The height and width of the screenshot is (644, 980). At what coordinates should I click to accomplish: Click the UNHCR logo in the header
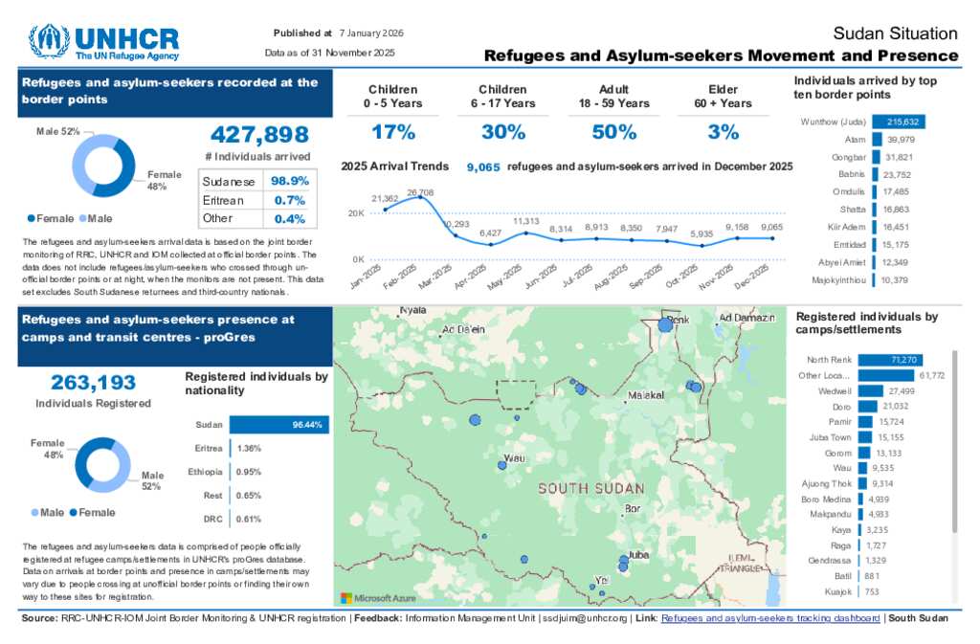point(103,42)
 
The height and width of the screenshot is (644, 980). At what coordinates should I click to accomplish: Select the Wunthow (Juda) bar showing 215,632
point(898,122)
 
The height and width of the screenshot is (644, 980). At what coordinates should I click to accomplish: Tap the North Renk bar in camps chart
point(889,360)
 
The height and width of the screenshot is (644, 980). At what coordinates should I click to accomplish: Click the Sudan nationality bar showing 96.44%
point(278,425)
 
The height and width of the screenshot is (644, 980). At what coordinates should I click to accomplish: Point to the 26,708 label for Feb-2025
point(419,192)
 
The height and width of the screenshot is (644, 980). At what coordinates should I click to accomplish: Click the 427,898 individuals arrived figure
point(258,135)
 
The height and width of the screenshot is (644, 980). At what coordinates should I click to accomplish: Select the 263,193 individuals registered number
point(93,383)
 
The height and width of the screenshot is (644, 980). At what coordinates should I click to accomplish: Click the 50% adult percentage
point(613,132)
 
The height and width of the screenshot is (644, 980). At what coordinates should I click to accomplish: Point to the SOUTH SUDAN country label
point(590,488)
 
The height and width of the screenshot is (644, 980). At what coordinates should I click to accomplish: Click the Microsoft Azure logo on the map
point(379,598)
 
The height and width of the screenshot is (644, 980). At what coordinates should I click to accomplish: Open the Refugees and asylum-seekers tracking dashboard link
point(770,618)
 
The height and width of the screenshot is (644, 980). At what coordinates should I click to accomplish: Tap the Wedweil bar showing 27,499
point(870,391)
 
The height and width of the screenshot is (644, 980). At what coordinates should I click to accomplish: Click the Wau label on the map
point(514,458)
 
